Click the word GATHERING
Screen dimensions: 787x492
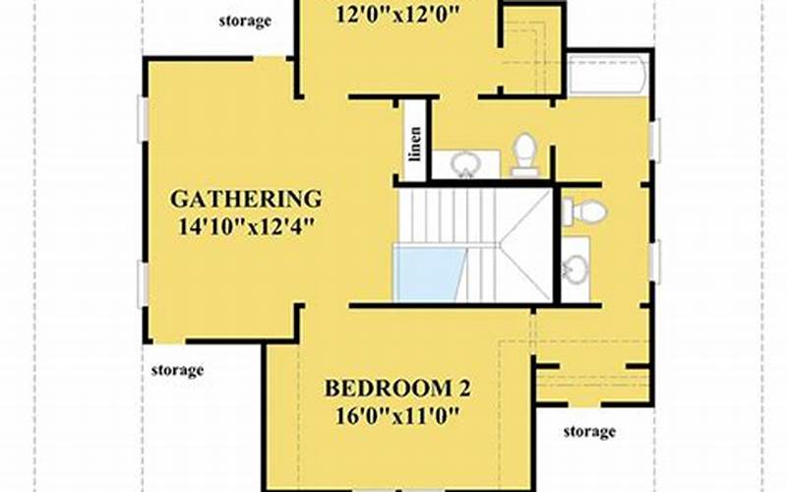[x=246, y=200]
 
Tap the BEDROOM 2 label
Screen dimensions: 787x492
[x=397, y=389]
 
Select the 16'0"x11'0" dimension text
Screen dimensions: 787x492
[x=397, y=415]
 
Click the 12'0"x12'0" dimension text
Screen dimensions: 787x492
[x=397, y=15]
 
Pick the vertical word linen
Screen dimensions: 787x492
[x=415, y=144]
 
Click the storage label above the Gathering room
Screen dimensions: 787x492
[x=245, y=21]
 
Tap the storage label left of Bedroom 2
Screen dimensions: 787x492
[x=178, y=371]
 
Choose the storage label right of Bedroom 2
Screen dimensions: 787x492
[x=589, y=431]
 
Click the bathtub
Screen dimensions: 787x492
[x=608, y=76]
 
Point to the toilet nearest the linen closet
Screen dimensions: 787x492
[x=524, y=154]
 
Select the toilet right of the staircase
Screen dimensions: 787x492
[x=583, y=212]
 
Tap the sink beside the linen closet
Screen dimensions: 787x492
[x=465, y=163]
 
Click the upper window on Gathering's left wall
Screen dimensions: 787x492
[x=143, y=117]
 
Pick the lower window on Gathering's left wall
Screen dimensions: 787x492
[x=143, y=284]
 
